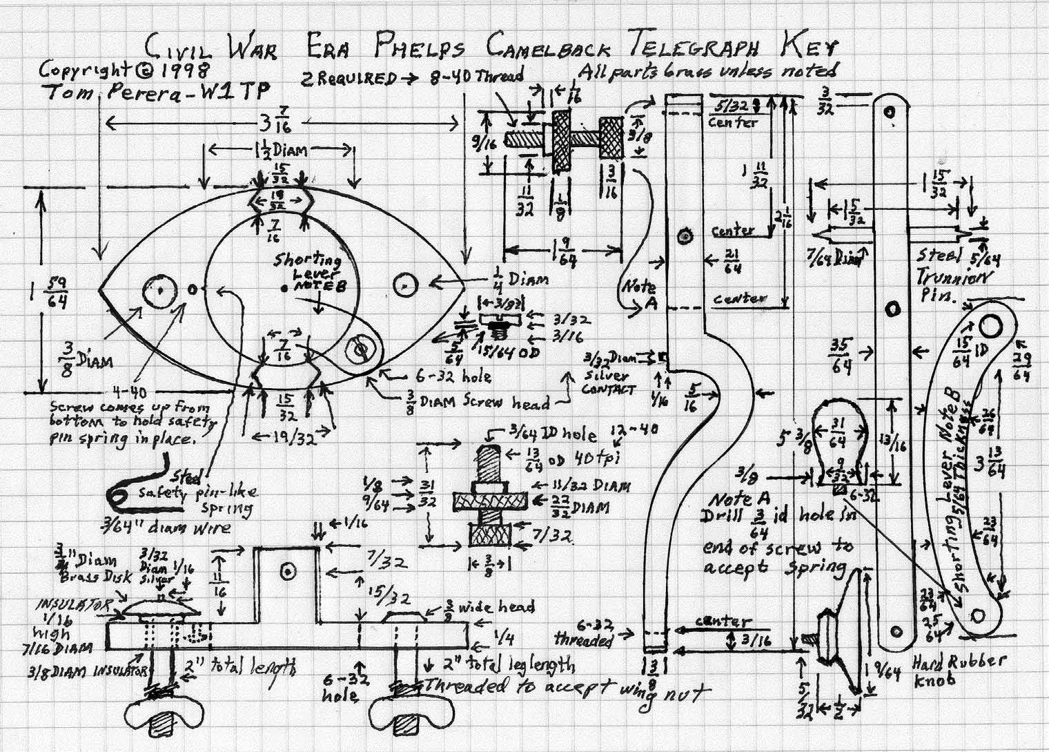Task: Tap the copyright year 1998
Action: (184, 70)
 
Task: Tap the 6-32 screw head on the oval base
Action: (360, 350)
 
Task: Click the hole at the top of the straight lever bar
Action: (890, 110)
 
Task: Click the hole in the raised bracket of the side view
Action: (287, 570)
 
